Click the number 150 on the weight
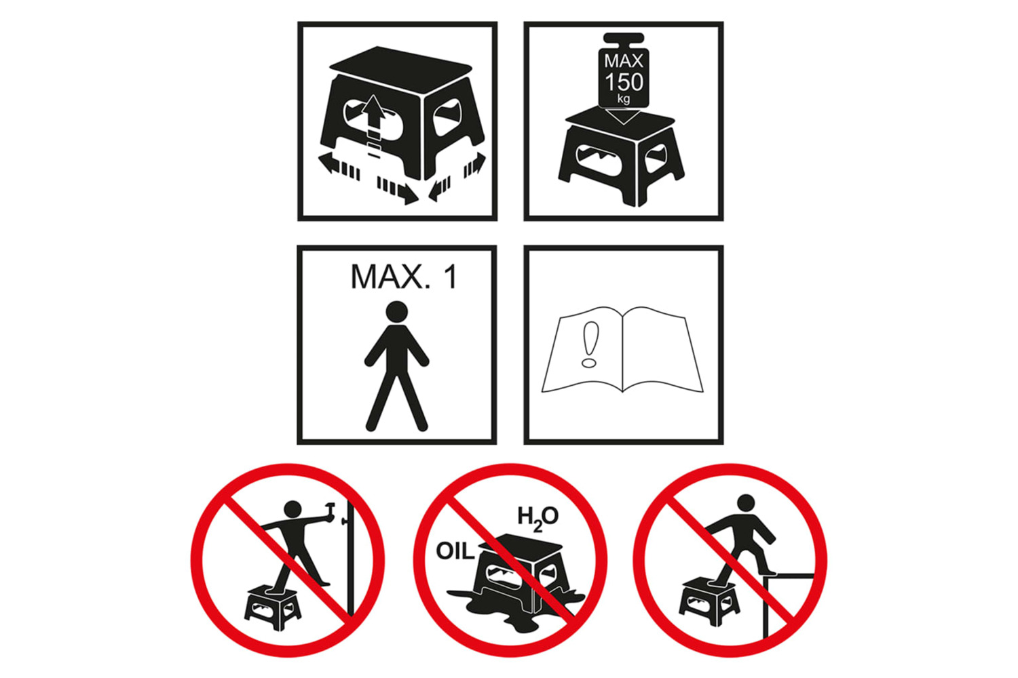(x=624, y=82)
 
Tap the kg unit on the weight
(x=624, y=99)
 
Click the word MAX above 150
(x=624, y=61)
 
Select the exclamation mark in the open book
(x=590, y=344)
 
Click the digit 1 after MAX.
(x=451, y=277)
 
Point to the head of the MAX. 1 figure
(x=397, y=312)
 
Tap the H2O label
(x=538, y=518)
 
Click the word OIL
(x=455, y=551)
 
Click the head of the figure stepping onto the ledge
(x=746, y=503)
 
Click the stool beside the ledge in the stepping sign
(x=709, y=601)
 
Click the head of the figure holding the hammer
(x=293, y=510)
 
